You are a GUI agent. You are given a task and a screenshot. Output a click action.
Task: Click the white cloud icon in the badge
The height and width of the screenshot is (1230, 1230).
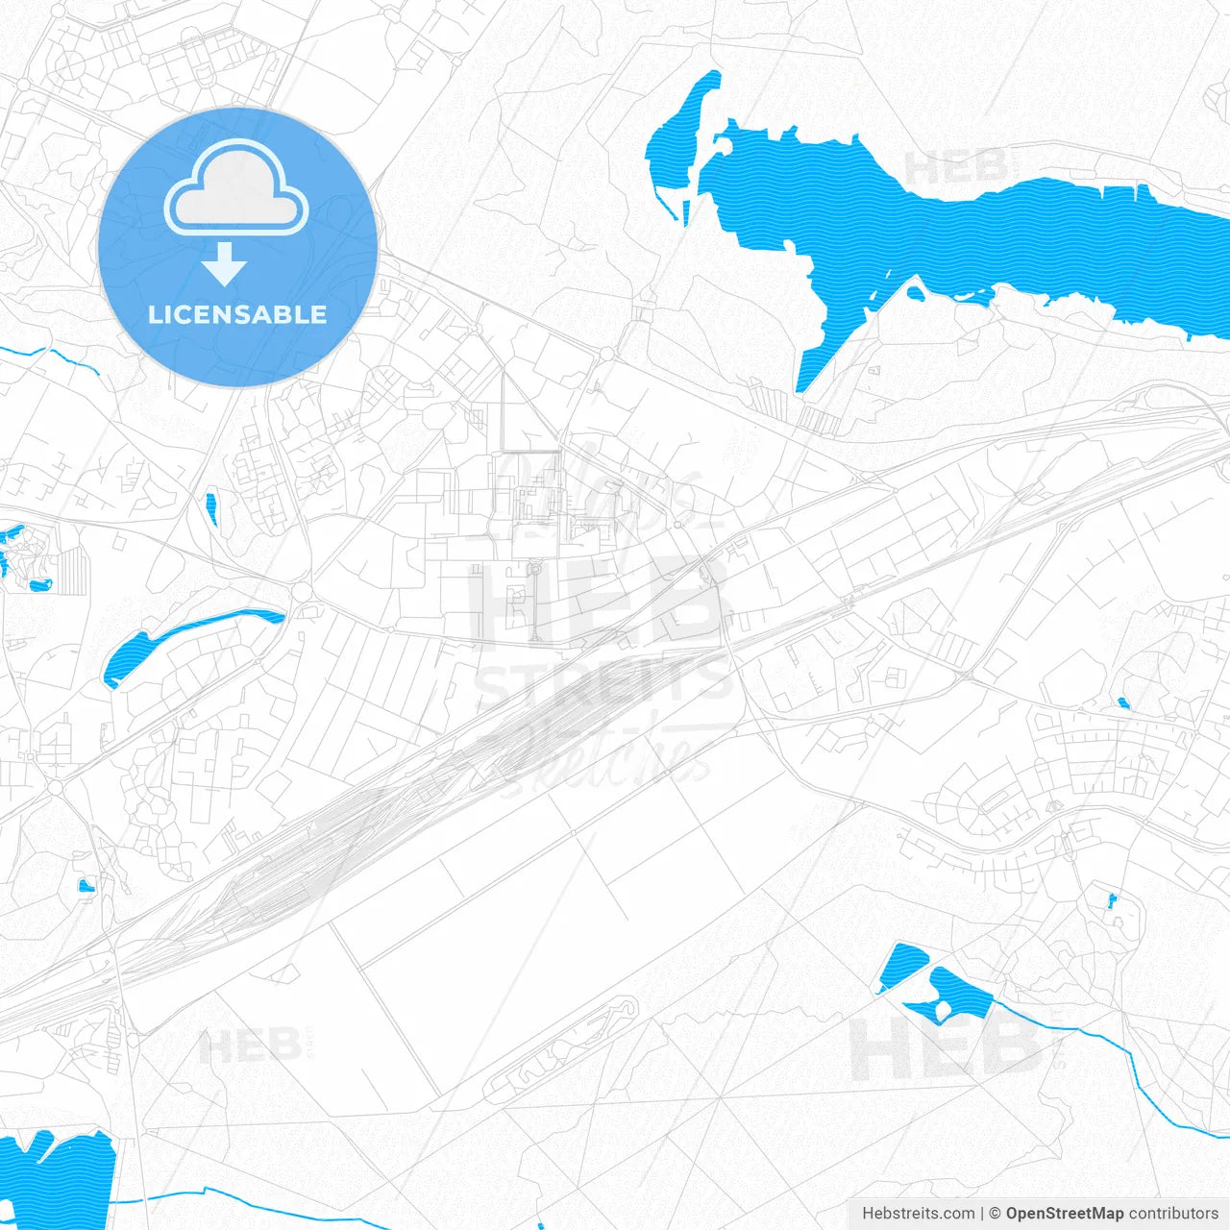[x=236, y=190]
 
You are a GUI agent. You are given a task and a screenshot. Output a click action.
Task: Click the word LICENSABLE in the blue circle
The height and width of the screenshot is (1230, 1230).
[x=237, y=314]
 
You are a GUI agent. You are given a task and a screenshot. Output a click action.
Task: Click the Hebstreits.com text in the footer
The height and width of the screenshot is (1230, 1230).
[x=918, y=1214]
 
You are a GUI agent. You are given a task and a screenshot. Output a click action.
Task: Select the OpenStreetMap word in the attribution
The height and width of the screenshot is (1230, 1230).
[x=1064, y=1214]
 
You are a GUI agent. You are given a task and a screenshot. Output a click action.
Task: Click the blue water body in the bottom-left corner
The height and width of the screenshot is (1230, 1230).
[x=58, y=1177]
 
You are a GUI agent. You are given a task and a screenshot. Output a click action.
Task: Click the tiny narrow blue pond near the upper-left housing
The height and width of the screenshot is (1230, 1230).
[x=210, y=509]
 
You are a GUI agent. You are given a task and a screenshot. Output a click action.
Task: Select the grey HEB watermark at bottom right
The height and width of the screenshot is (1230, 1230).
[x=947, y=1047]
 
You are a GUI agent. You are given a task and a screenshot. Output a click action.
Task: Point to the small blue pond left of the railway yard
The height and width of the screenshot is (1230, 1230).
[x=86, y=884]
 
